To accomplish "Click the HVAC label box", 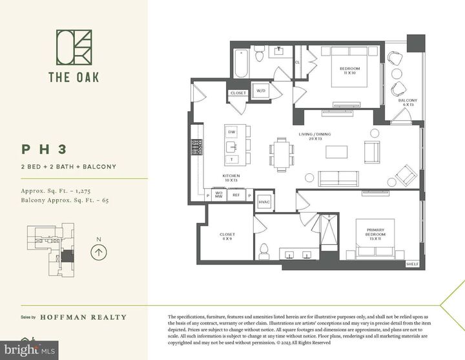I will click(x=265, y=202).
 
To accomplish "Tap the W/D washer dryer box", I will click(x=261, y=90).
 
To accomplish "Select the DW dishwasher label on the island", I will click(x=232, y=132).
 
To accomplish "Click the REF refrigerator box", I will click(x=236, y=194).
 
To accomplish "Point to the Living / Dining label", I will click(x=314, y=136).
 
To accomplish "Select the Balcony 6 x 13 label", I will click(x=408, y=103).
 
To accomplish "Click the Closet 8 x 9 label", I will click(x=227, y=237).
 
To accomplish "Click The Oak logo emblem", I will click(x=74, y=50).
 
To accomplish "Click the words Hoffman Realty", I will click(x=83, y=317).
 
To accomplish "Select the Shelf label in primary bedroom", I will click(x=412, y=264).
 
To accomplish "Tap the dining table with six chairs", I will click(x=282, y=154).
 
